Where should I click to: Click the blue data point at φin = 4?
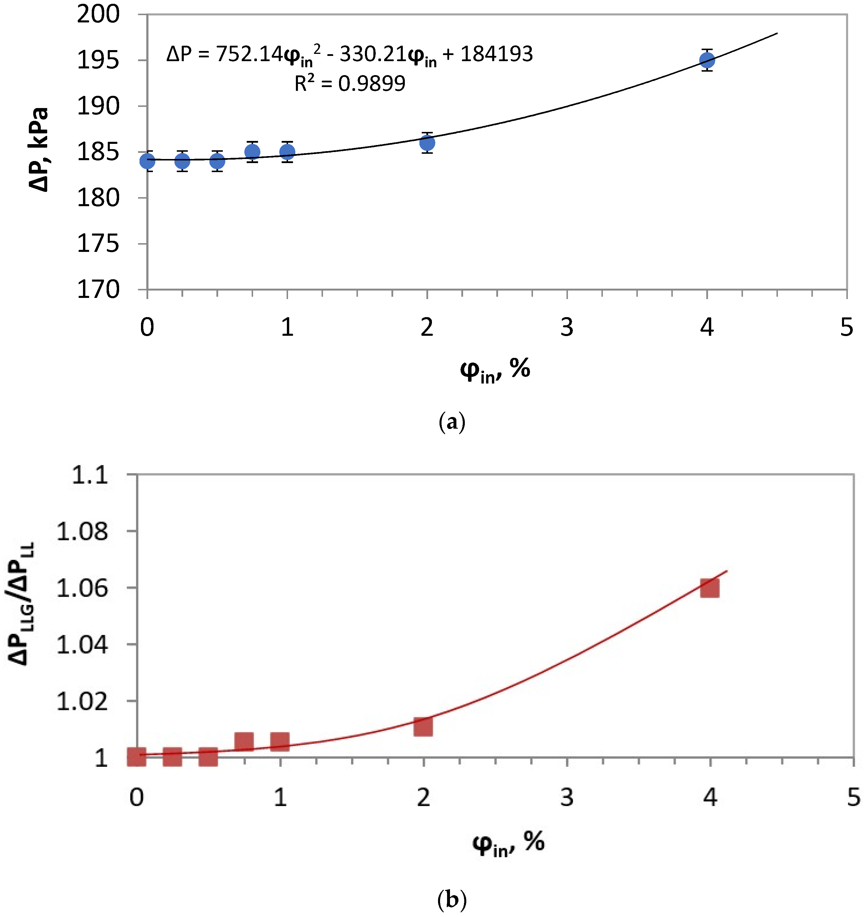click(707, 60)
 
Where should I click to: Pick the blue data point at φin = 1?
click(287, 152)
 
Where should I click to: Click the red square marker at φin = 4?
click(709, 589)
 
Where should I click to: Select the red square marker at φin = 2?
click(423, 727)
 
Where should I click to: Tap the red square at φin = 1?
click(280, 741)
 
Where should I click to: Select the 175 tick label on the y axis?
click(98, 243)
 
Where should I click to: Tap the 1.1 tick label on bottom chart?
click(90, 475)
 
